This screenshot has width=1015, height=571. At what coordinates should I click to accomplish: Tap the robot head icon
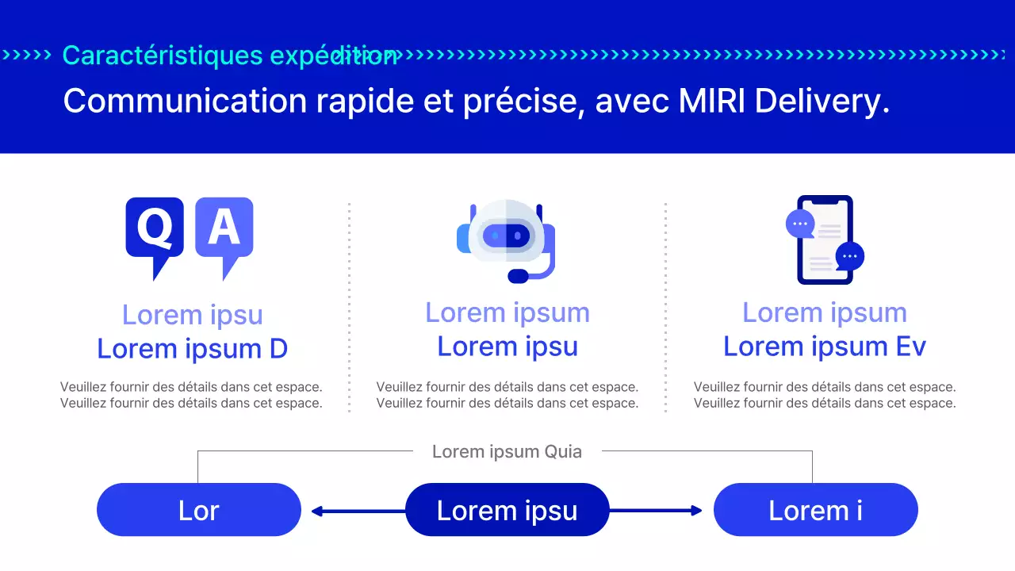[x=507, y=236]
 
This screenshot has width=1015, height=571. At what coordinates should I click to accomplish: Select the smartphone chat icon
[x=825, y=240]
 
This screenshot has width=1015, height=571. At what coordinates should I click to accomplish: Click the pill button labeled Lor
[x=199, y=510]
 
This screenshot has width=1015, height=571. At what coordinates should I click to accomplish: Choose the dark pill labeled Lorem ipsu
[x=507, y=510]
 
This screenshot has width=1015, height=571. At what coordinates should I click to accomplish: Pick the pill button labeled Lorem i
[x=815, y=510]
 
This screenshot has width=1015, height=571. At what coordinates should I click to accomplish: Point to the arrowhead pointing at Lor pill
[x=316, y=512]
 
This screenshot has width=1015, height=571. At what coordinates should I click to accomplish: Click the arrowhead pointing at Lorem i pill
[x=697, y=511]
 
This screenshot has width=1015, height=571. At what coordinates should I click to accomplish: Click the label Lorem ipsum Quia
[x=507, y=452]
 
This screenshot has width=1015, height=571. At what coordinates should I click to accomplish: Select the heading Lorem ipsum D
[x=192, y=349]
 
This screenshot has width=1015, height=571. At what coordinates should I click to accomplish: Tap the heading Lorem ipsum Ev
[x=825, y=347]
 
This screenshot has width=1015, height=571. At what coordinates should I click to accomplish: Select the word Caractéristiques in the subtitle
[x=163, y=56]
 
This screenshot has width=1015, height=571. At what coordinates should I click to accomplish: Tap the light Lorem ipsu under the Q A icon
[x=192, y=315]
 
